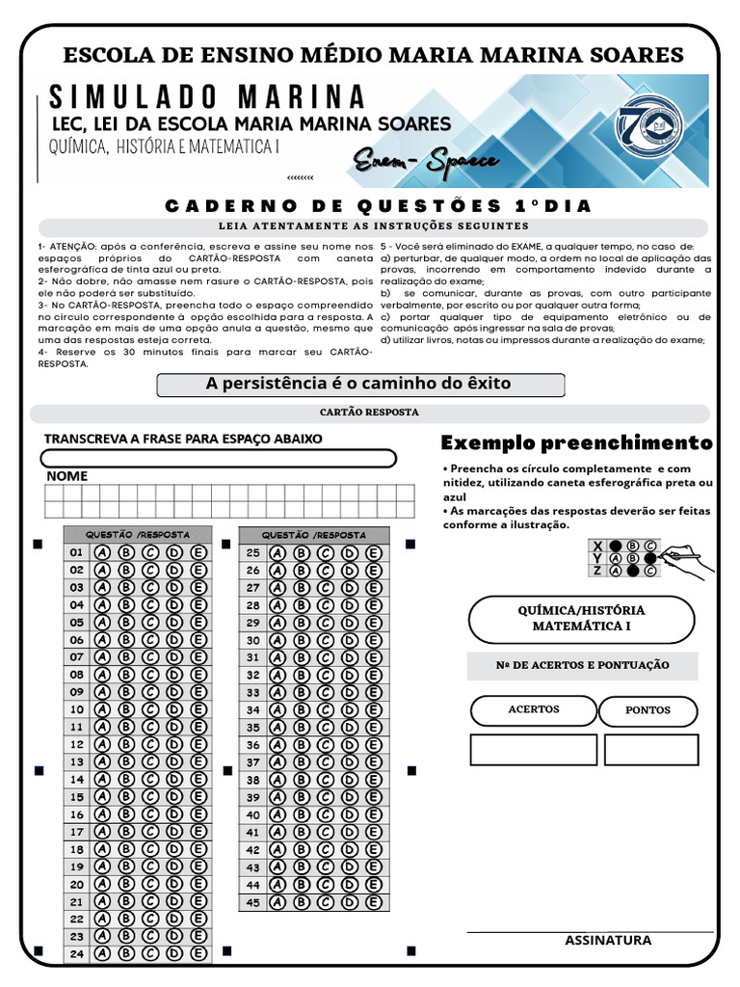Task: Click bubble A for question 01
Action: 101,552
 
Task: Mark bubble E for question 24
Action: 198,954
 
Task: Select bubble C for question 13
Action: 150,761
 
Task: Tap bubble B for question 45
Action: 302,903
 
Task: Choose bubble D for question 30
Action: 350,640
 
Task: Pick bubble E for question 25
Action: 374,553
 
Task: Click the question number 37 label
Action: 253,761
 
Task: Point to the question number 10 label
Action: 77,709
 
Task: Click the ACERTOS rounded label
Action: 533,709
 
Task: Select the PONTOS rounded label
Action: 647,710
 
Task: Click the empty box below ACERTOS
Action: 533,749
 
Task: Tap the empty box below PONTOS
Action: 650,749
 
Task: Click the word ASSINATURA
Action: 608,941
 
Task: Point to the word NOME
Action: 66,476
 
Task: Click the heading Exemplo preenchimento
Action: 576,443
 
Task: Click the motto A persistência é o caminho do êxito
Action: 358,384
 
